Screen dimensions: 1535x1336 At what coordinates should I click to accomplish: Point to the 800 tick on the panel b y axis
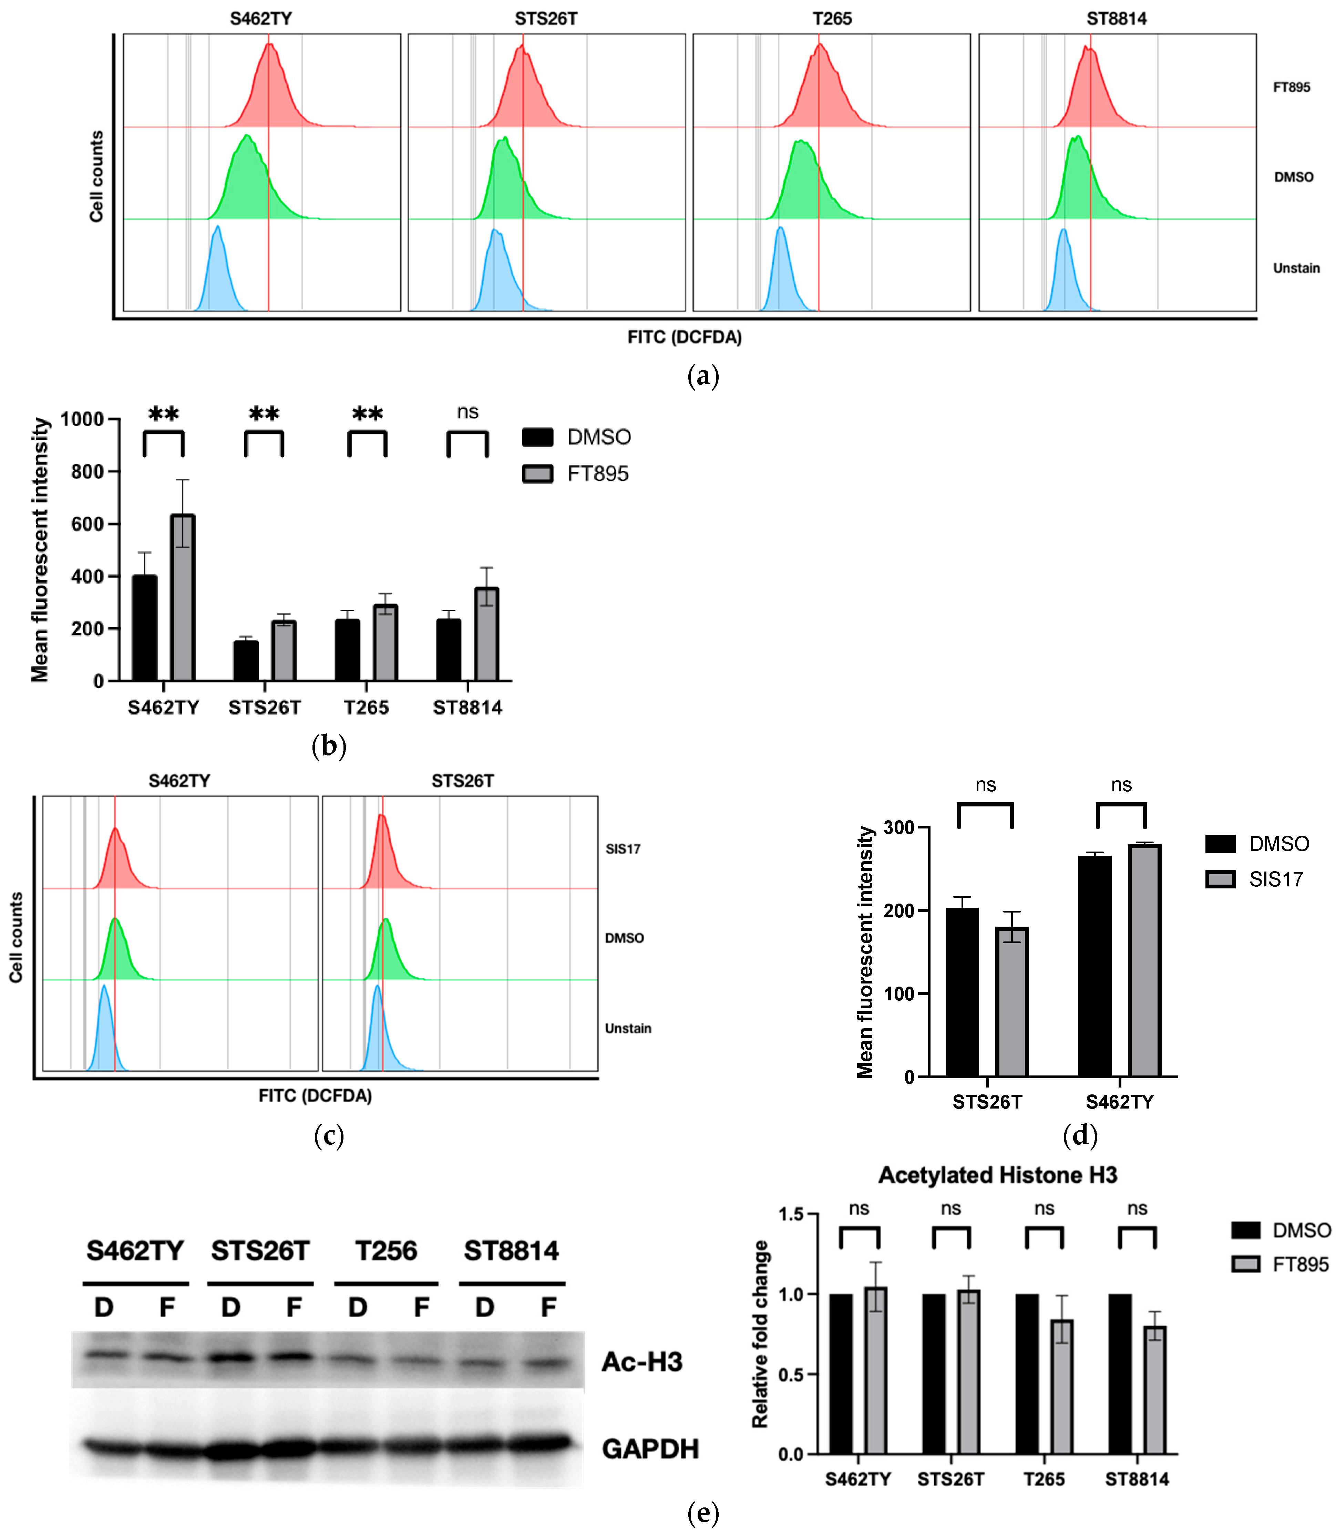(x=87, y=472)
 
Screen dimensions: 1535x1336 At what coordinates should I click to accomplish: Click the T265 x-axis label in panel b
(x=366, y=708)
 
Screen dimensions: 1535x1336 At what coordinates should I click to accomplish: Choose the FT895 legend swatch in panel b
(x=537, y=474)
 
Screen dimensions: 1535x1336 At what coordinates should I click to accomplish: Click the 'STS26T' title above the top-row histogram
(x=546, y=19)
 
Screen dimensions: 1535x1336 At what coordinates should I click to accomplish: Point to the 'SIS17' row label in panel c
(x=623, y=849)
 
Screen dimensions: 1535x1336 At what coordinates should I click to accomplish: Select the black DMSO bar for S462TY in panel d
(x=1095, y=966)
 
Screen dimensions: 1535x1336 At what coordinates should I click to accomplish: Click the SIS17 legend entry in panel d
(x=1275, y=880)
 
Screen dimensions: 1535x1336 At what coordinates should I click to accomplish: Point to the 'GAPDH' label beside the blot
(x=650, y=1449)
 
